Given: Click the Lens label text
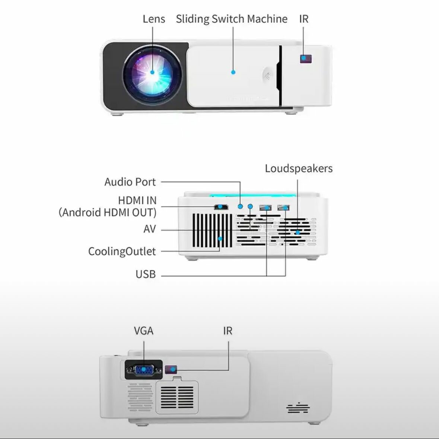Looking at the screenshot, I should tap(154, 19).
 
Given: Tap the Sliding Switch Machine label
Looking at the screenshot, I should tap(232, 19).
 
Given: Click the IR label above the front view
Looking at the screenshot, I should tap(304, 19).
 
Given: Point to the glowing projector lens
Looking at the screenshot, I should tap(153, 72).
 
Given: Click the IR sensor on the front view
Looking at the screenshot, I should tap(306, 59).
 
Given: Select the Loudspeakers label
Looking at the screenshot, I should tap(299, 168).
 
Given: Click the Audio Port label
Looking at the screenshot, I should tap(130, 182).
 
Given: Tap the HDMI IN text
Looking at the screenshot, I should tap(137, 200).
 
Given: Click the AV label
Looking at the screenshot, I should tap(150, 229).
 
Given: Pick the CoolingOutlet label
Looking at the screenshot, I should tap(122, 251).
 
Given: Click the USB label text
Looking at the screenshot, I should tap(146, 274).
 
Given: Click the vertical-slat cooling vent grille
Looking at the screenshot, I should tap(212, 230).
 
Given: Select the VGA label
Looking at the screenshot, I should tap(144, 331).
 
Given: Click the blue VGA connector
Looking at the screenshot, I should tap(144, 370).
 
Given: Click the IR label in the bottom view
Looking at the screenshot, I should tap(228, 331).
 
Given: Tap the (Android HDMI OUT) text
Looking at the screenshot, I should tap(108, 212).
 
